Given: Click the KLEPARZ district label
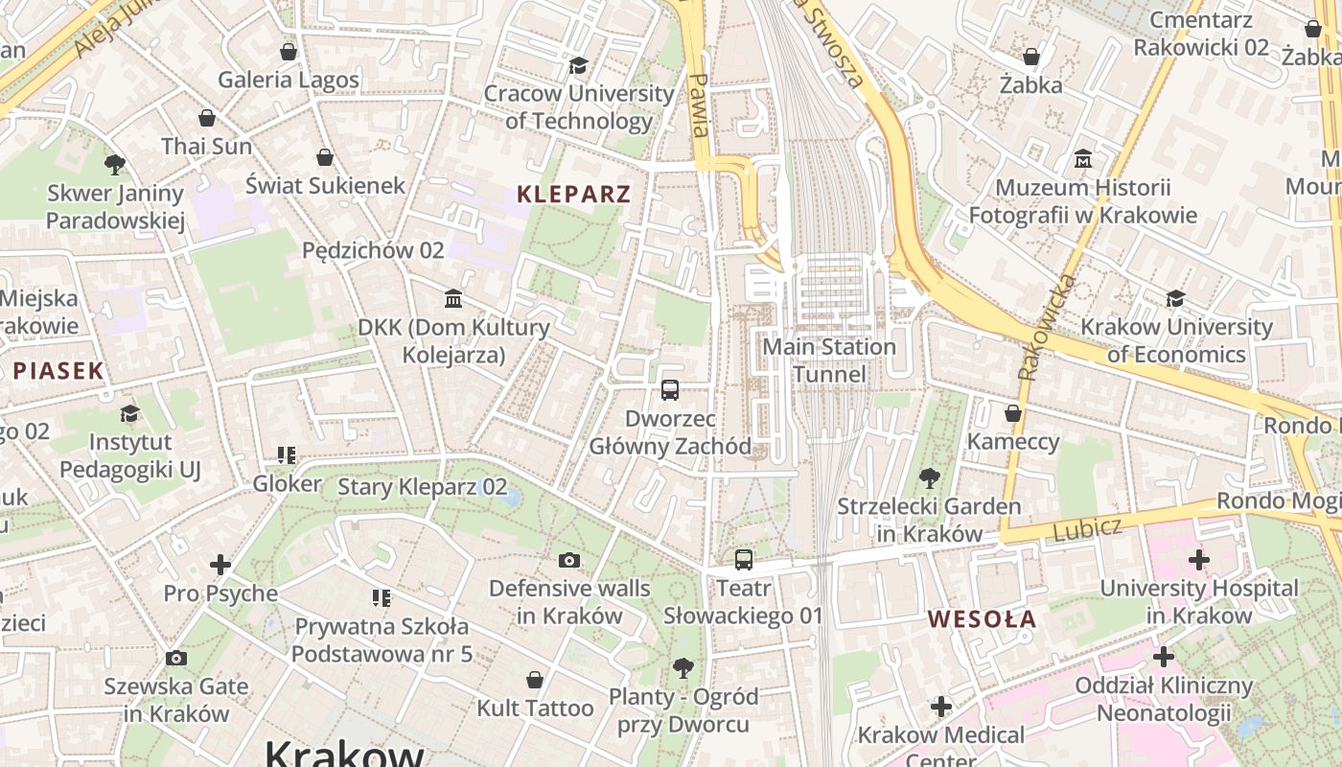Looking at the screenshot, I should pyautogui.click(x=573, y=195).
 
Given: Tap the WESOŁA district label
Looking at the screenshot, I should pyautogui.click(x=982, y=619).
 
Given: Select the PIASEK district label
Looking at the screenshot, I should pyautogui.click(x=58, y=371).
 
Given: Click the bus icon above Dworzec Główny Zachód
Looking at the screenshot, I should pyautogui.click(x=670, y=390).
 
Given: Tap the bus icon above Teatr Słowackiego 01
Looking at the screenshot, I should pyautogui.click(x=744, y=560).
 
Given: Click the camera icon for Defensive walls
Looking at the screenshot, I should pyautogui.click(x=569, y=560).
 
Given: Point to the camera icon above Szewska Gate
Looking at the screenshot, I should pyautogui.click(x=175, y=658).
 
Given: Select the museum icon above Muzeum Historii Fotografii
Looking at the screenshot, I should pyautogui.click(x=1083, y=158).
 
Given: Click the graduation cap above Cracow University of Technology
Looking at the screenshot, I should pyautogui.click(x=578, y=65).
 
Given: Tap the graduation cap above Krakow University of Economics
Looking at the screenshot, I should pyautogui.click(x=1175, y=298).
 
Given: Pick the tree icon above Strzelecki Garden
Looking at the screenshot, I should pyautogui.click(x=928, y=477).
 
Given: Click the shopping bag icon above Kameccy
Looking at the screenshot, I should pyautogui.click(x=1012, y=413).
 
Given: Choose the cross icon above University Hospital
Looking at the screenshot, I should pyautogui.click(x=1198, y=560).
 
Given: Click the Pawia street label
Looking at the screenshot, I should pyautogui.click(x=700, y=105).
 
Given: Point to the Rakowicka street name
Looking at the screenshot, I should pyautogui.click(x=1046, y=327).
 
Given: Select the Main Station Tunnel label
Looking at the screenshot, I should pyautogui.click(x=829, y=360).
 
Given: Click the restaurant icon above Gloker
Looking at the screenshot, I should pyautogui.click(x=286, y=454).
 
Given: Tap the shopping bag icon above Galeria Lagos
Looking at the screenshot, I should pyautogui.click(x=288, y=51).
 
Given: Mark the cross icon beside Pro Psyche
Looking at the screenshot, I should pyautogui.click(x=220, y=565).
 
